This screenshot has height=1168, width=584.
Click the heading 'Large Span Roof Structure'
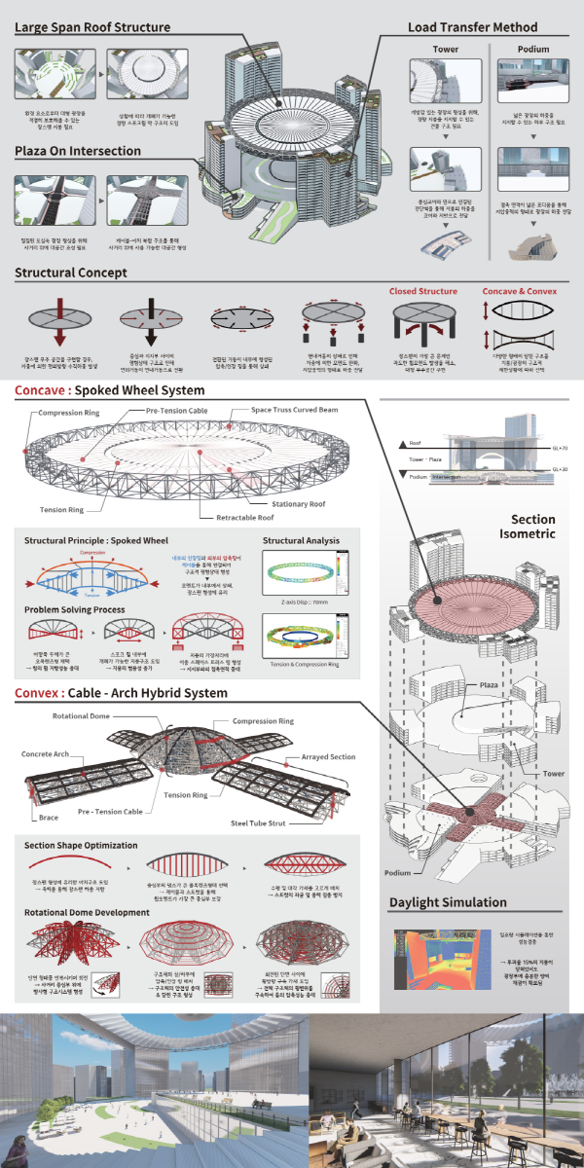[92, 27]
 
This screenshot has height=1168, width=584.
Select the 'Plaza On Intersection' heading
[78, 151]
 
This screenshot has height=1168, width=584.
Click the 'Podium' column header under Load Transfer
[533, 49]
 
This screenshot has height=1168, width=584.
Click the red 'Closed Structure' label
[422, 291]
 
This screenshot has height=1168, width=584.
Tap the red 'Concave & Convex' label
[521, 291]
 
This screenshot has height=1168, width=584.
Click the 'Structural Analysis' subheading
[301, 540]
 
